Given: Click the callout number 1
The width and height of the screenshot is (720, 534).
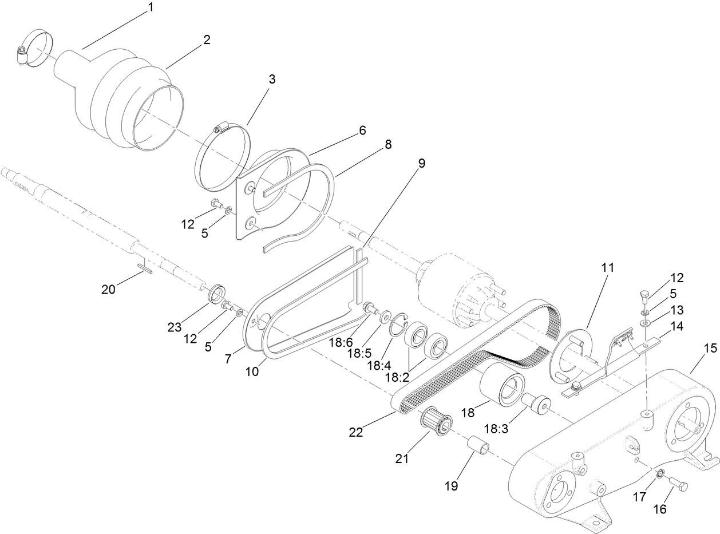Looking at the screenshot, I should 151,7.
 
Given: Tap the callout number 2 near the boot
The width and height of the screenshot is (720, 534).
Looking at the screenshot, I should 207,40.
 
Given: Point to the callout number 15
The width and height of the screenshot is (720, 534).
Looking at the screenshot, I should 710,348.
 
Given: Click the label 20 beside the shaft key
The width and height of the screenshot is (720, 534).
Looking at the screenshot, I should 108,289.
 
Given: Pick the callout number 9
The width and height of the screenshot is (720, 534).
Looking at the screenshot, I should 422,163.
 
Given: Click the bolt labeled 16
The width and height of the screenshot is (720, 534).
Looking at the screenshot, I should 677,470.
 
